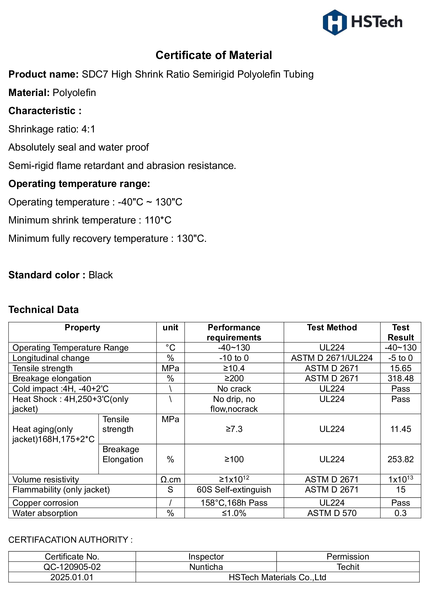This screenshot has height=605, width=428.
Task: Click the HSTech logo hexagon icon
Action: (334, 23)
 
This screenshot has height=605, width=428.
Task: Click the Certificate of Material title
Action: (214, 55)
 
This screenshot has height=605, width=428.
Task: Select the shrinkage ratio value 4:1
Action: (88, 129)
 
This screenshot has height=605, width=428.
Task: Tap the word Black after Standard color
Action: (100, 275)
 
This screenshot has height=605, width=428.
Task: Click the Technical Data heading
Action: (43, 310)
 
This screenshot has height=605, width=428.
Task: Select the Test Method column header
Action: (332, 327)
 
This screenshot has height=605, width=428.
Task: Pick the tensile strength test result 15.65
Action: (400, 368)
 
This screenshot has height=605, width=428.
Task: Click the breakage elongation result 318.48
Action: (400, 378)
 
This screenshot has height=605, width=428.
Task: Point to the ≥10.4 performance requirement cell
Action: (234, 368)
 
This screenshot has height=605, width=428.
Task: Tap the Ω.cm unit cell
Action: (170, 479)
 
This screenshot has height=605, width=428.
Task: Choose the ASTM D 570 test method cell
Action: (332, 513)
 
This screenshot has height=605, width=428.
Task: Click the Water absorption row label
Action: (45, 513)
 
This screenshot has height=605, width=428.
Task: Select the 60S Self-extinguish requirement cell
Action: (234, 490)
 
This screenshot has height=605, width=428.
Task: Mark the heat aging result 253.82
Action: (400, 459)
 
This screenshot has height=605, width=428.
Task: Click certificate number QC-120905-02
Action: (72, 567)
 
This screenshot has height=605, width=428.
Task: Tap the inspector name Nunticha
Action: (206, 567)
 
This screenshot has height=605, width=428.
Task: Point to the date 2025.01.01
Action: (72, 577)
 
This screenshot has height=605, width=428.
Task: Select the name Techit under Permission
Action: (348, 567)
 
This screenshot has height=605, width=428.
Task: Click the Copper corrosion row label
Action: (45, 503)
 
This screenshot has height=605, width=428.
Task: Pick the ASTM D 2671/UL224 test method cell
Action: (332, 358)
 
